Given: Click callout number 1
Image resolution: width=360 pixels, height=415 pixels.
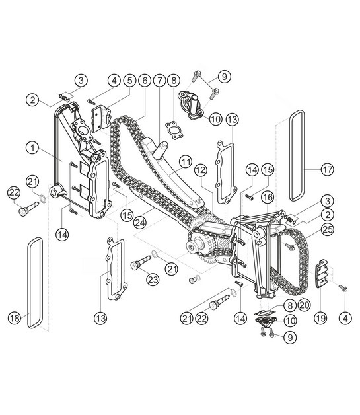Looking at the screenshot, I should pos(31,148).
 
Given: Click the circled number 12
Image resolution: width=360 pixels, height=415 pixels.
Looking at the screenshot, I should pos(201,170).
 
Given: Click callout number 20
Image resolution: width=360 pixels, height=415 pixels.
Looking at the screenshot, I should pos(303,305).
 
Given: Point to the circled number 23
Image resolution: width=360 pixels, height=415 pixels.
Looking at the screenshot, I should pos(153,280).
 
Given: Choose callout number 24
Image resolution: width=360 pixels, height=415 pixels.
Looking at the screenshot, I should pos(140,223).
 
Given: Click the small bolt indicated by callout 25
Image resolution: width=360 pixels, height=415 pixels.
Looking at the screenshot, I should pos(290,246).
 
